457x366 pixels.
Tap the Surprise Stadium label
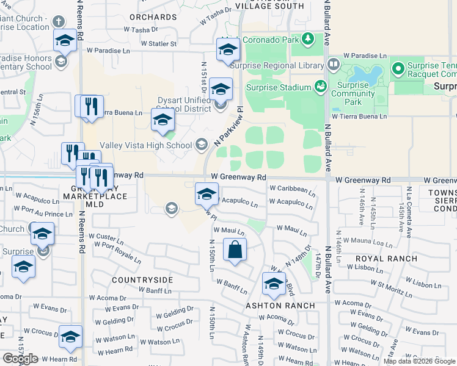[x=279, y=87]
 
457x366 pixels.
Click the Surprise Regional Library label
[x=283, y=65]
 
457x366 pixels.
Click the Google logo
[x=20, y=359]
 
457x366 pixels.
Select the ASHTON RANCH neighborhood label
[x=280, y=305]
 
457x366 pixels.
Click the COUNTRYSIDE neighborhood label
[x=142, y=279]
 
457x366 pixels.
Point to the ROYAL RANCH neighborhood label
[x=386, y=259]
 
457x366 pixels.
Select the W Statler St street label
[x=158, y=44]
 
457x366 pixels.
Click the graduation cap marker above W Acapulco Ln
[x=207, y=195]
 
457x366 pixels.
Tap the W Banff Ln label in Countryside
[x=154, y=291]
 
